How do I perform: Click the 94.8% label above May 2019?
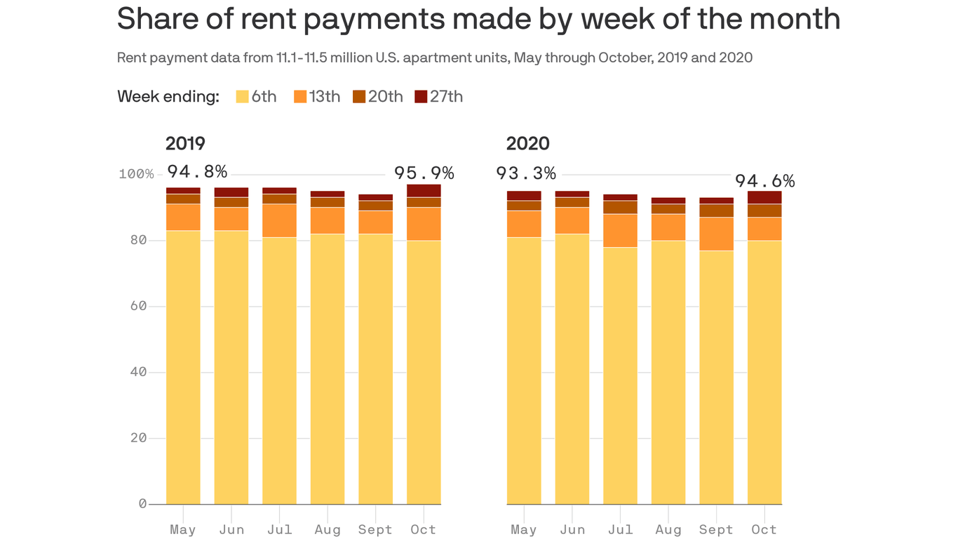pyautogui.click(x=197, y=172)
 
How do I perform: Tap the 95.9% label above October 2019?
pyautogui.click(x=424, y=173)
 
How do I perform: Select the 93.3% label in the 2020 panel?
pyautogui.click(x=526, y=173)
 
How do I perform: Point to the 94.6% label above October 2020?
pyautogui.click(x=764, y=182)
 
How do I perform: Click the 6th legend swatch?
pyautogui.click(x=242, y=97)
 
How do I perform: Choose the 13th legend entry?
pyautogui.click(x=317, y=97)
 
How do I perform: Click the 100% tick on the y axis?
pyautogui.click(x=136, y=174)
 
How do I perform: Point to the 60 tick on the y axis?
pyautogui.click(x=138, y=306)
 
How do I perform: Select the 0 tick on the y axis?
pyautogui.click(x=142, y=504)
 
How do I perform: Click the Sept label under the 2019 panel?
pyautogui.click(x=375, y=530)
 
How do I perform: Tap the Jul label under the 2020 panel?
pyautogui.click(x=620, y=530)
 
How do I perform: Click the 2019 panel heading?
pyautogui.click(x=185, y=144)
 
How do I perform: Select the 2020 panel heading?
pyautogui.click(x=527, y=144)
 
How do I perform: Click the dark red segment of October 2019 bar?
pyautogui.click(x=424, y=191)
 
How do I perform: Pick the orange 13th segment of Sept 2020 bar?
pyautogui.click(x=716, y=234)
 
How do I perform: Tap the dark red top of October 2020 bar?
pyautogui.click(x=764, y=197)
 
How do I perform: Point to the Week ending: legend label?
pyautogui.click(x=168, y=97)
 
